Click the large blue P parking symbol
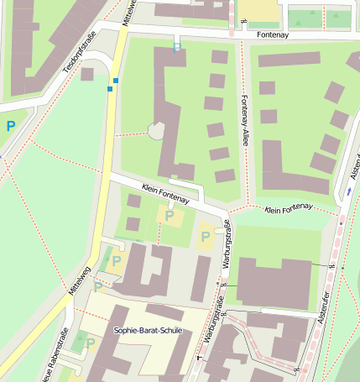click(11, 126)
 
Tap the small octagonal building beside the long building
click(156, 130)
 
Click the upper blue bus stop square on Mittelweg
click(116, 81)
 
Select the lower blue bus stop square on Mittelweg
click(110, 88)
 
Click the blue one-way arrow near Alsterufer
click(349, 191)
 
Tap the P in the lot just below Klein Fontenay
click(170, 216)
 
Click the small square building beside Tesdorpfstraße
click(87, 74)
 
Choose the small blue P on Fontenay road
click(176, 48)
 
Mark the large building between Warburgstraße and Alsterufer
click(273, 282)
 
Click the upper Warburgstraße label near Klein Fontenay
click(225, 252)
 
